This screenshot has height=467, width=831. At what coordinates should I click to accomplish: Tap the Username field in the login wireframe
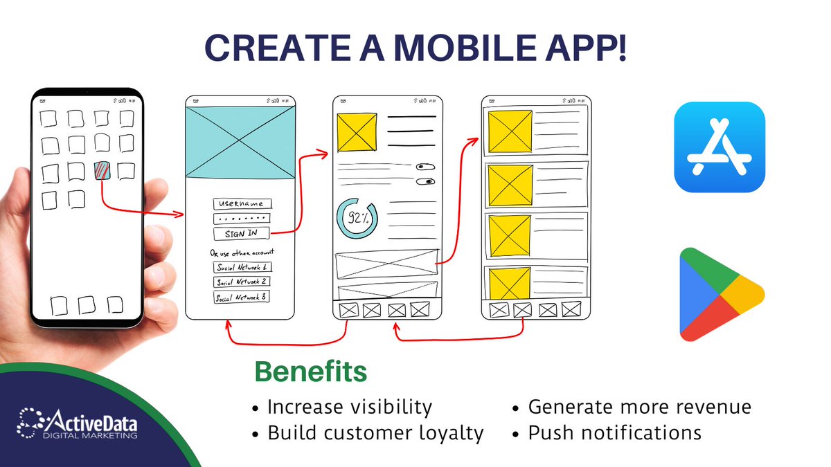point(242,204)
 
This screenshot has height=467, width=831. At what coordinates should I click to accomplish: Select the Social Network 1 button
point(242,267)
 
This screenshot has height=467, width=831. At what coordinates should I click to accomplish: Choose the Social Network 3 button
point(242,297)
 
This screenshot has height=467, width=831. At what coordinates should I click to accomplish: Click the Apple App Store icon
point(720,147)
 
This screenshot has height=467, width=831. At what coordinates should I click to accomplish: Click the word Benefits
point(310,372)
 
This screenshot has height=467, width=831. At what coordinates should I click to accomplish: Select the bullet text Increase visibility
point(349,407)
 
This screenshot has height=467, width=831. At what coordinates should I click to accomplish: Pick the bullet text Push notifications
point(615,433)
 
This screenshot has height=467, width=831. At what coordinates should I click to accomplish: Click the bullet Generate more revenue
point(639,407)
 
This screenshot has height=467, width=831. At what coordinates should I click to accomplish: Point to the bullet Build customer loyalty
point(375,433)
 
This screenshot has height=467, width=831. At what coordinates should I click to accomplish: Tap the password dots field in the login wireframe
point(242,219)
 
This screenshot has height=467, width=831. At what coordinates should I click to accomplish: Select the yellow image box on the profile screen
point(357,132)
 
